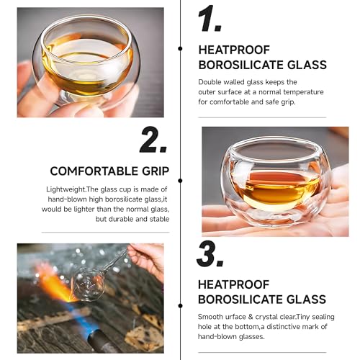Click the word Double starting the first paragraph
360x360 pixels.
pos(212,81)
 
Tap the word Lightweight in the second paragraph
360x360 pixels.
pos(66,188)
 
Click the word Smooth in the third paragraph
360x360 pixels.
pos(212,316)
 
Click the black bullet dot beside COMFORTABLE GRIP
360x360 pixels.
pos(179,171)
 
